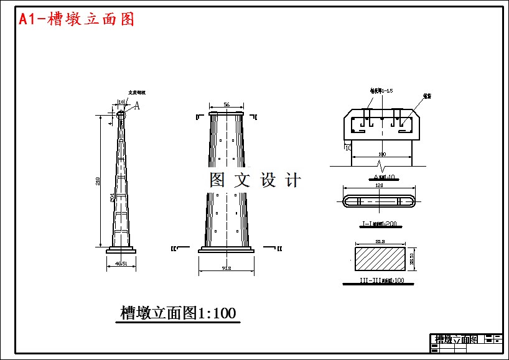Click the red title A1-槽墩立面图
[77, 19]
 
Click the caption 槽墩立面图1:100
[178, 313]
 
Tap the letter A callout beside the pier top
[137, 106]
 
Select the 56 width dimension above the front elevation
[226, 104]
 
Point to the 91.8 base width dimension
[226, 269]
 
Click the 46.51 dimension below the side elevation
[121, 263]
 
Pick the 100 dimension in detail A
[381, 154]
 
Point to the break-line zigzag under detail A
[381, 166]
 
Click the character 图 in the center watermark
[217, 180]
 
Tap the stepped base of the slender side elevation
[121, 249]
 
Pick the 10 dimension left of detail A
[348, 148]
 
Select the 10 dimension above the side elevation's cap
[121, 102]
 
